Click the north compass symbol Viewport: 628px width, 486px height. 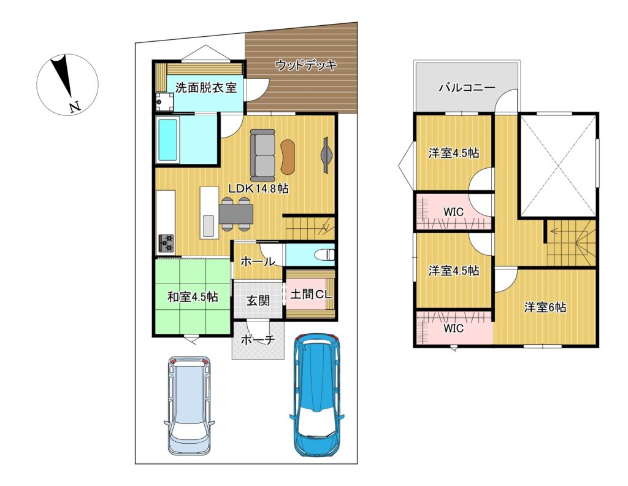point(67,85)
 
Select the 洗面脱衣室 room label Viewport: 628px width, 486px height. point(206,88)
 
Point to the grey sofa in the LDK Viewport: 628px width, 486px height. point(262,155)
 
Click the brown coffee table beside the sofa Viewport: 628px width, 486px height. point(288,156)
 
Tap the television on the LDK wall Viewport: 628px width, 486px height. point(326,155)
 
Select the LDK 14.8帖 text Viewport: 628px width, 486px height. point(258,188)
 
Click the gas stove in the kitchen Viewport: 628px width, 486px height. point(166,243)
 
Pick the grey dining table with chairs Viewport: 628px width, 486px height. point(236,214)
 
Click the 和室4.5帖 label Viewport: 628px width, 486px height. point(193,297)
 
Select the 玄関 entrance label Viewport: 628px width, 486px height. point(258,301)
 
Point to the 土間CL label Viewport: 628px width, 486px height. point(311,295)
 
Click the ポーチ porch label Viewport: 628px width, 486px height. point(258,340)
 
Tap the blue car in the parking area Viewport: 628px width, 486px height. point(317,395)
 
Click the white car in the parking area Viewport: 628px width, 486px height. point(189,406)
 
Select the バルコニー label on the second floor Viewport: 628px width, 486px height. point(467,87)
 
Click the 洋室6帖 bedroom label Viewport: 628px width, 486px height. point(545,307)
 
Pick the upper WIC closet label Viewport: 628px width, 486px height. point(454,212)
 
